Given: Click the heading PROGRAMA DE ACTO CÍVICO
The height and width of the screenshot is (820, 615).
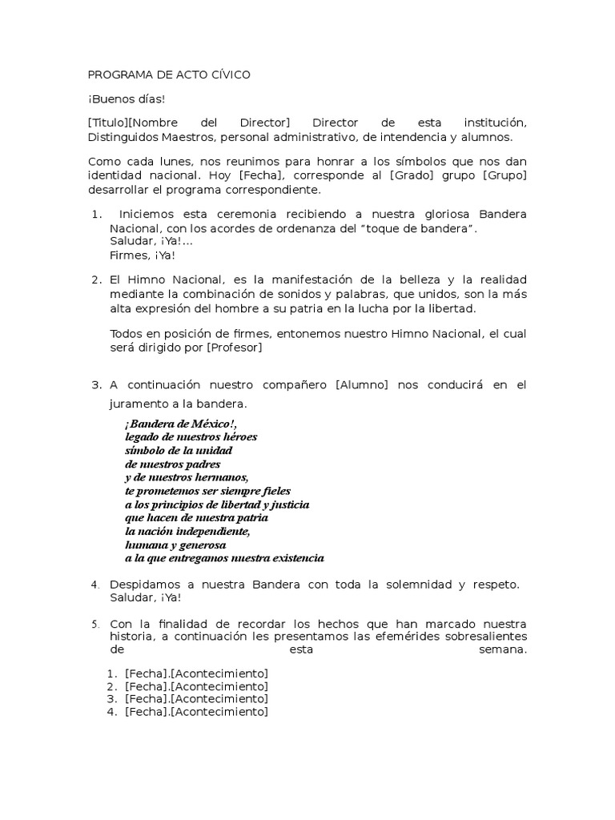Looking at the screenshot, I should pyautogui.click(x=169, y=74).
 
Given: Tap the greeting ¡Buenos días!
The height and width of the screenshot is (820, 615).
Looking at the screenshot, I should pyautogui.click(x=126, y=99).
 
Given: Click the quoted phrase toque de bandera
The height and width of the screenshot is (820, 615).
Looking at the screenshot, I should pyautogui.click(x=422, y=230).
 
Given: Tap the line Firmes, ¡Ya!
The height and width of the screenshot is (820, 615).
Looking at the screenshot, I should pyautogui.click(x=142, y=255).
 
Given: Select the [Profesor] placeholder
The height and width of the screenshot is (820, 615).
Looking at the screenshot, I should pyautogui.click(x=234, y=348).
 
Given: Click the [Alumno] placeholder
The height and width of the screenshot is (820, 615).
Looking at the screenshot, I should pyautogui.click(x=362, y=385).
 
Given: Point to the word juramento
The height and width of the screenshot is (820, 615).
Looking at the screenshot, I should pyautogui.click(x=137, y=404).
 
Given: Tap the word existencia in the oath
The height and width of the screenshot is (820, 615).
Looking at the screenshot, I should pyautogui.click(x=295, y=557).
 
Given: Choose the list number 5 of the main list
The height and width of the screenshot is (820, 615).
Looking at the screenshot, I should pyautogui.click(x=94, y=623).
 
